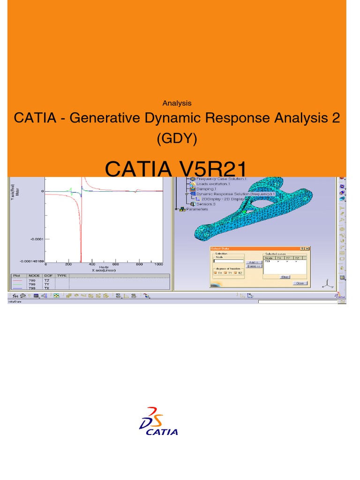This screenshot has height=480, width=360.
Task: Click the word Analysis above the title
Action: click(x=176, y=103)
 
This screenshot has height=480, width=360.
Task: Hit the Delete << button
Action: click(x=254, y=266)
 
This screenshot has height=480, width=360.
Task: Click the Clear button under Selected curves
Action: click(x=285, y=277)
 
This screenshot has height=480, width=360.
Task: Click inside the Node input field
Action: click(x=228, y=261)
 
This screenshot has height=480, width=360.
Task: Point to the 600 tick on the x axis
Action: click(x=116, y=264)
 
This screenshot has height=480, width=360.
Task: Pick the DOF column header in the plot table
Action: click(x=47, y=276)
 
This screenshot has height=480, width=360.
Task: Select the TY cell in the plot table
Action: click(x=47, y=284)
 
